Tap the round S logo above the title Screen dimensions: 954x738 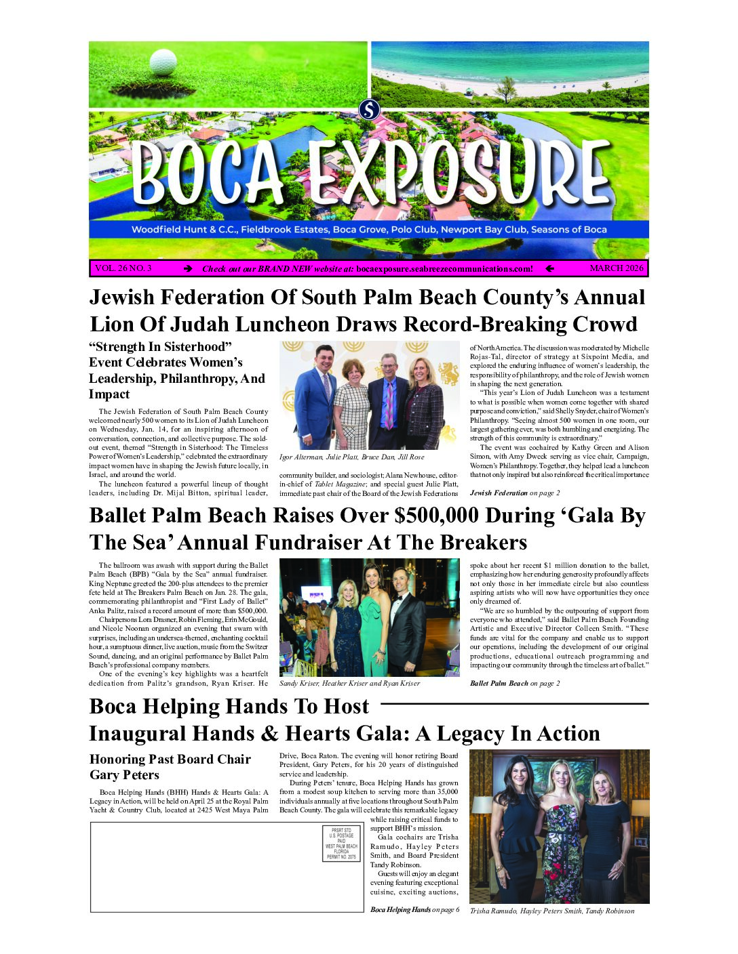click(369, 109)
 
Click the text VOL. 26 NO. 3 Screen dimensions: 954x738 click(123, 268)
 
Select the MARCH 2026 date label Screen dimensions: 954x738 click(616, 268)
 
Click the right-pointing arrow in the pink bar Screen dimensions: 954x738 click(188, 269)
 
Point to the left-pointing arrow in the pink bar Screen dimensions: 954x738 click(549, 269)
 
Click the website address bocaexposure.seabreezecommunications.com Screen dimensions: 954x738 click(444, 269)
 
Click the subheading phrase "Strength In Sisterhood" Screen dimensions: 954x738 click(161, 347)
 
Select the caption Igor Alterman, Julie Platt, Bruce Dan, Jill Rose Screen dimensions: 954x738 click(351, 457)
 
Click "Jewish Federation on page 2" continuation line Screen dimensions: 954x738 click(515, 493)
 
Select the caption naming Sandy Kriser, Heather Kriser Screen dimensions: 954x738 click(349, 684)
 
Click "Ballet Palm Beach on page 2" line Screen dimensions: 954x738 click(515, 684)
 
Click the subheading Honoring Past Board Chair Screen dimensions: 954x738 click(170, 760)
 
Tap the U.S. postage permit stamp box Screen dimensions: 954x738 click(341, 844)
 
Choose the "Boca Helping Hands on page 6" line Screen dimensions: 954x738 click(414, 910)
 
